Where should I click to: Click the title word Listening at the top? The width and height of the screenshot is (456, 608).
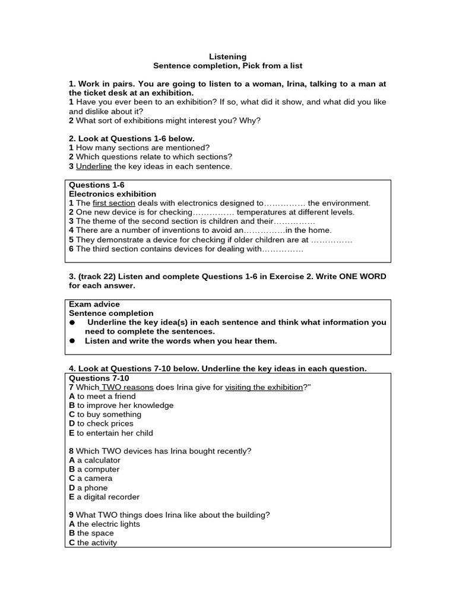click(x=227, y=56)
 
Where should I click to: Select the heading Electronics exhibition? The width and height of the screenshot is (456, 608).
click(x=113, y=194)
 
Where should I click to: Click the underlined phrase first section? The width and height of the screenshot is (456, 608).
click(x=114, y=203)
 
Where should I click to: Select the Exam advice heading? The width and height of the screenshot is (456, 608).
click(x=94, y=304)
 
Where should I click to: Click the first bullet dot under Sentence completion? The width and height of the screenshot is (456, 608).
click(x=72, y=322)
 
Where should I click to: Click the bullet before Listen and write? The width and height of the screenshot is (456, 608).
click(x=72, y=341)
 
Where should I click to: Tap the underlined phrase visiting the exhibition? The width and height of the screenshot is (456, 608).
click(x=264, y=387)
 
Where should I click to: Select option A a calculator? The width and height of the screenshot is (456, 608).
click(x=95, y=460)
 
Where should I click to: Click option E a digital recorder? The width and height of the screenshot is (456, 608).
click(x=104, y=497)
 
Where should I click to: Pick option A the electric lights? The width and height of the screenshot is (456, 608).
click(x=104, y=524)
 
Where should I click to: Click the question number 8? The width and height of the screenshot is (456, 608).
click(x=71, y=451)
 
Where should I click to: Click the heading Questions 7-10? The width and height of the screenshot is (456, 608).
click(x=99, y=378)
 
